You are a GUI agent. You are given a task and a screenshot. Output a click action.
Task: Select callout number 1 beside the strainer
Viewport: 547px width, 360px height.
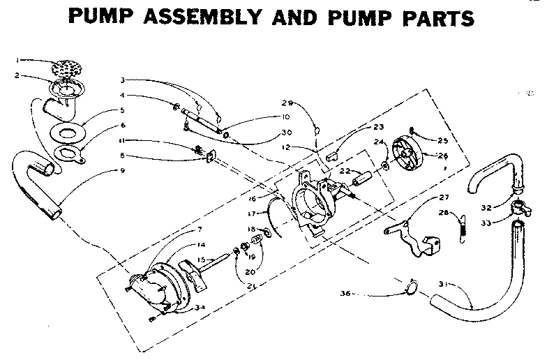pyautogui.click(x=20, y=59)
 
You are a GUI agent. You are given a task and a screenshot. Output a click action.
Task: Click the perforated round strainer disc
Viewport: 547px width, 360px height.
pyautogui.click(x=68, y=68)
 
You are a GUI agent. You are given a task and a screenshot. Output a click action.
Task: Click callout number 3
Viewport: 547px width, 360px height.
pyautogui.click(x=121, y=81)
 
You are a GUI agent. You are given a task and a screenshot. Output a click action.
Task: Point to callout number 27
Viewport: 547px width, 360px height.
pyautogui.click(x=444, y=197)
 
